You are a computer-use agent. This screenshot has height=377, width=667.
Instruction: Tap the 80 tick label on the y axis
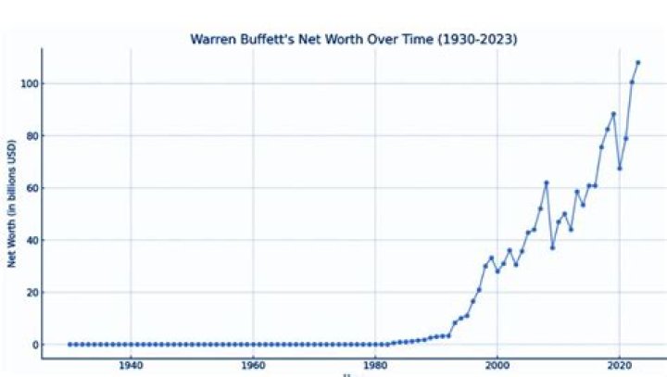pyautogui.click(x=29, y=136)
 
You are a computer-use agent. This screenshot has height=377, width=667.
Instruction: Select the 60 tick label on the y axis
pyautogui.click(x=29, y=188)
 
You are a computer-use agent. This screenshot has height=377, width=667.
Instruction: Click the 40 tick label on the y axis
pyautogui.click(x=29, y=241)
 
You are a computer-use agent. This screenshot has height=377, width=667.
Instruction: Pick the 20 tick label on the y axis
pyautogui.click(x=29, y=293)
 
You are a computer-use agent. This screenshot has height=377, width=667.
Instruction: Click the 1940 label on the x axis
pyautogui.click(x=131, y=364)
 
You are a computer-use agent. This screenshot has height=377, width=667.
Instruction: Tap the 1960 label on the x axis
pyautogui.click(x=253, y=364)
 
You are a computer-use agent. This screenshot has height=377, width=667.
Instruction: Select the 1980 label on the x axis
pyautogui.click(x=375, y=364)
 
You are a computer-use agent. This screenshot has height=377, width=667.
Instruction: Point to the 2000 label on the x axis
pyautogui.click(x=497, y=364)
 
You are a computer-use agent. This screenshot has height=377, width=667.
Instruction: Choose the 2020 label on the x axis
pyautogui.click(x=620, y=364)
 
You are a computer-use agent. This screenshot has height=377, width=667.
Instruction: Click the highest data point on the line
pyautogui.click(x=637, y=63)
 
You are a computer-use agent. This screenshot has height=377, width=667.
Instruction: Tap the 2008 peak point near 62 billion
pyautogui.click(x=547, y=182)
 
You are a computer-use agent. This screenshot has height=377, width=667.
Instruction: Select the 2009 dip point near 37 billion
pyautogui.click(x=552, y=247)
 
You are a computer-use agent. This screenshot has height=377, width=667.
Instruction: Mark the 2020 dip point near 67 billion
pyautogui.click(x=620, y=168)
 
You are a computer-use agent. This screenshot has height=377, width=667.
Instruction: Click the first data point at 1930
pyautogui.click(x=69, y=345)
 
